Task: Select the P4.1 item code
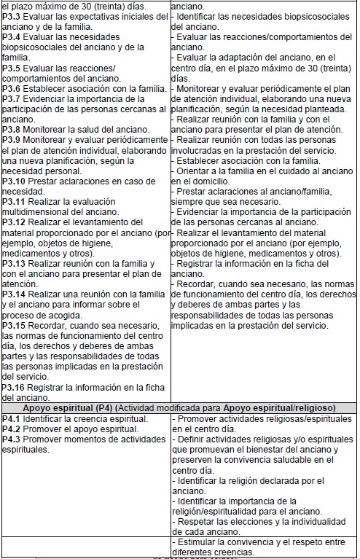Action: (x=11, y=419)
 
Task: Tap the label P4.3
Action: (x=11, y=439)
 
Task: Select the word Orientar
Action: (x=193, y=170)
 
